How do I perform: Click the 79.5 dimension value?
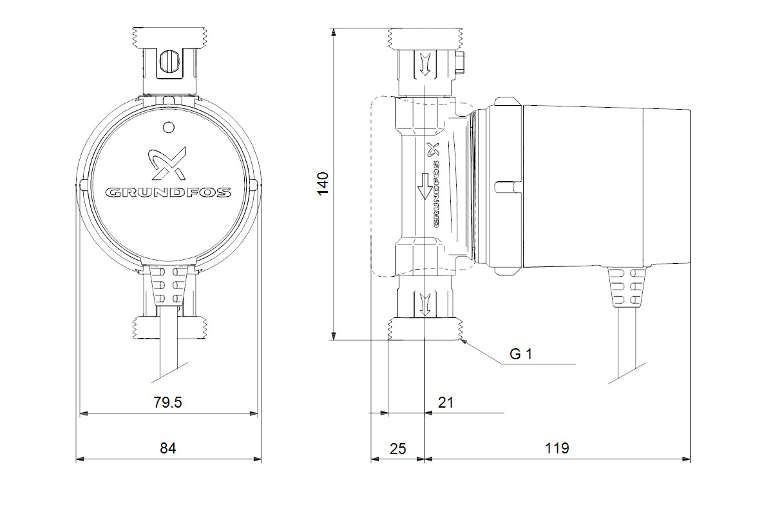point(167,402)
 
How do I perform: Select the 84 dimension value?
point(167,448)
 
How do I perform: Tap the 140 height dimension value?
point(323,184)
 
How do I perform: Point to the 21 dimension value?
point(446,402)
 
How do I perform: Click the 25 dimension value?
point(398,449)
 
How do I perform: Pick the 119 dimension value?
point(557,448)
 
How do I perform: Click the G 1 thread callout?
point(520,354)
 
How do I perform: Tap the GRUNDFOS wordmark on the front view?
point(168,192)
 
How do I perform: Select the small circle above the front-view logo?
point(168,128)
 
